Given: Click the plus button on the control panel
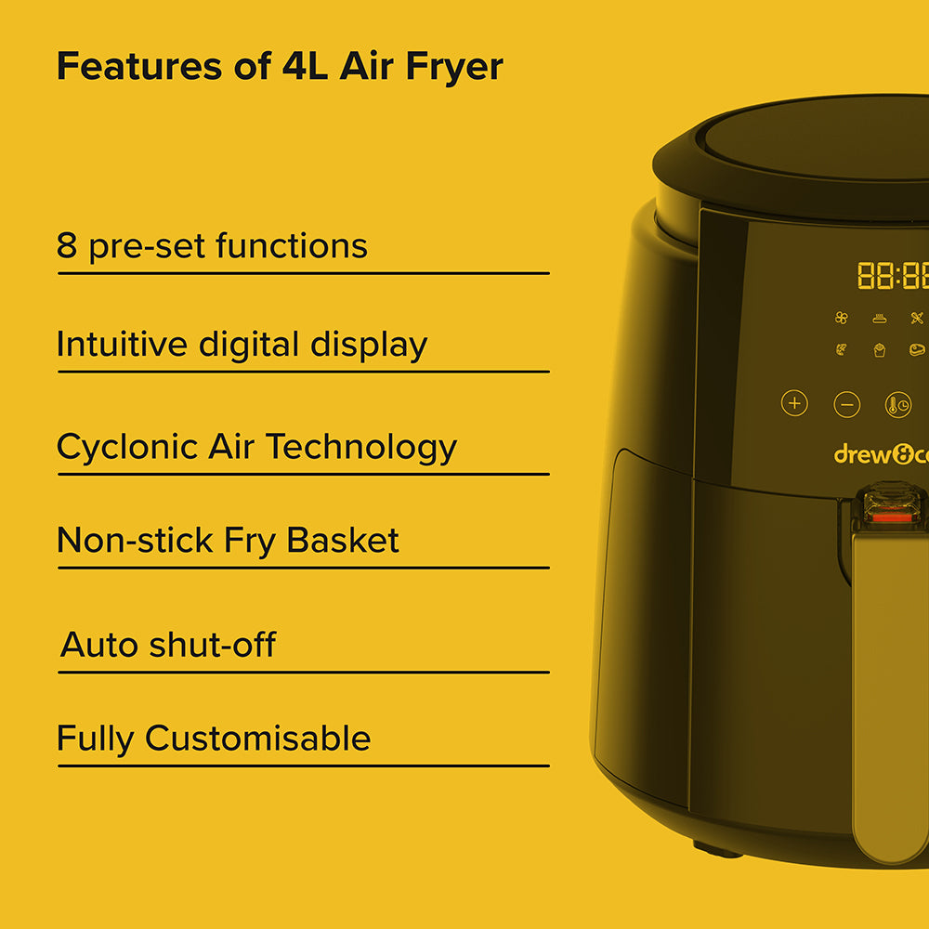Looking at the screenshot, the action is (x=794, y=403).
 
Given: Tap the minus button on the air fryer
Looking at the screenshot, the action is (x=846, y=405).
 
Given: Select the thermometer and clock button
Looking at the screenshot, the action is (x=898, y=405).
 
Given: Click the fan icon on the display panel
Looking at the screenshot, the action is (x=842, y=318).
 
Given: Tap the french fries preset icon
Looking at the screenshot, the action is (x=880, y=350).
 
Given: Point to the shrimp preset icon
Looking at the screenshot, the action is (x=842, y=349).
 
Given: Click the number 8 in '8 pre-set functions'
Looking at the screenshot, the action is (x=67, y=245).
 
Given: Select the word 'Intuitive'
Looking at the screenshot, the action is (x=122, y=344).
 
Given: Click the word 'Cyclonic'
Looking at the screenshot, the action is (x=126, y=448).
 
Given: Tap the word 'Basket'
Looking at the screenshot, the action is (x=343, y=540).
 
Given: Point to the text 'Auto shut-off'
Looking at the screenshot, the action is (x=168, y=645).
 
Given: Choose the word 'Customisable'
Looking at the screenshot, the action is (x=257, y=739).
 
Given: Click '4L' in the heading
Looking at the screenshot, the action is (x=305, y=66).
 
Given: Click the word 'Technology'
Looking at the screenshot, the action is (x=361, y=448).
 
